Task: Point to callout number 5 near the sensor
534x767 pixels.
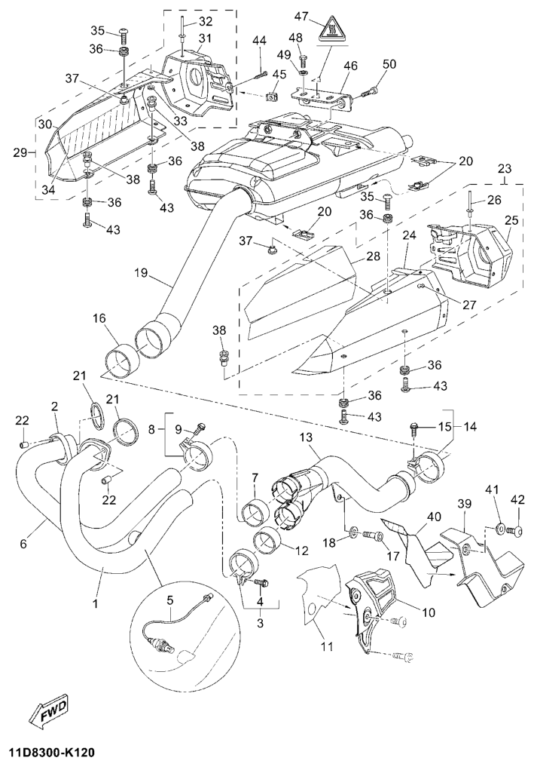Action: [x=169, y=600]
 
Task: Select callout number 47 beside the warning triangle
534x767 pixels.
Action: [x=302, y=16]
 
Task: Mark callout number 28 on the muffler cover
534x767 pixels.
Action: [x=372, y=257]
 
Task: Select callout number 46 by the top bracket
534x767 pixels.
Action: [x=350, y=66]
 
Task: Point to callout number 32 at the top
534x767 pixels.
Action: [x=185, y=20]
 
